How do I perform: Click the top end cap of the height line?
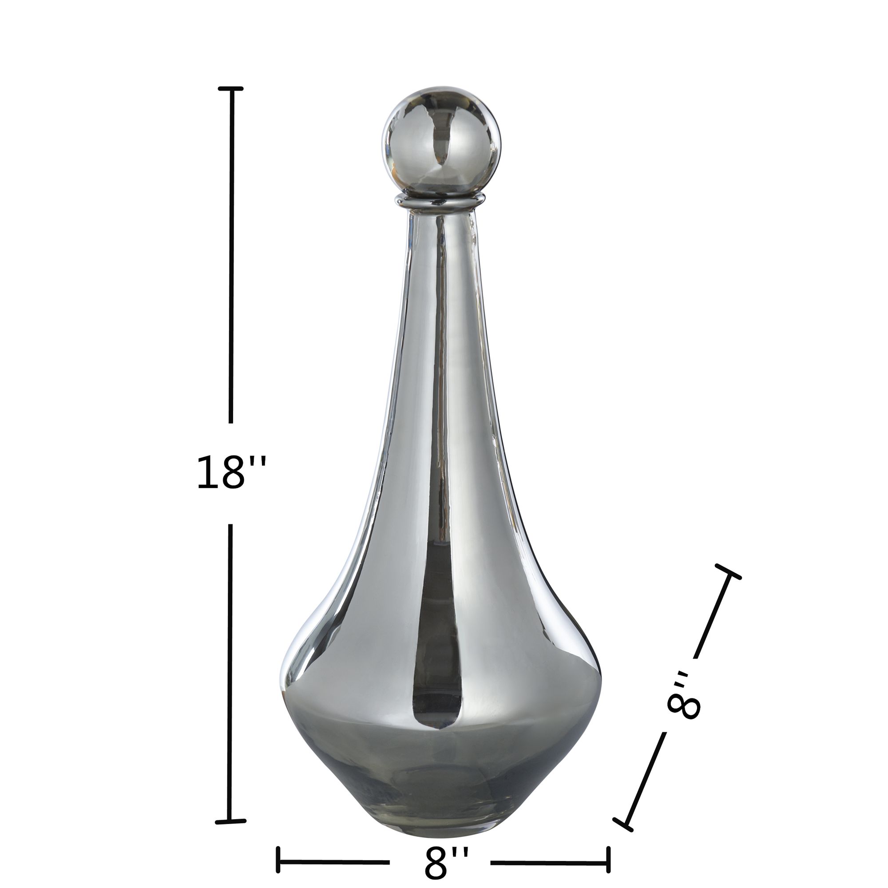231,88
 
